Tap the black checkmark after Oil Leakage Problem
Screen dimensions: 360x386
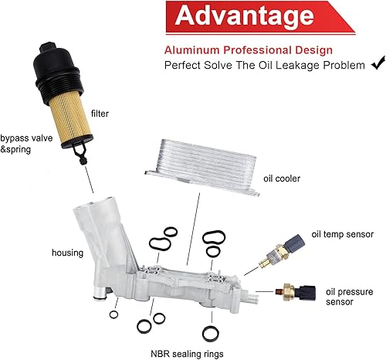pos(378,64)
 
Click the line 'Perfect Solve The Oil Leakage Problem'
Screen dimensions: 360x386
pos(264,65)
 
